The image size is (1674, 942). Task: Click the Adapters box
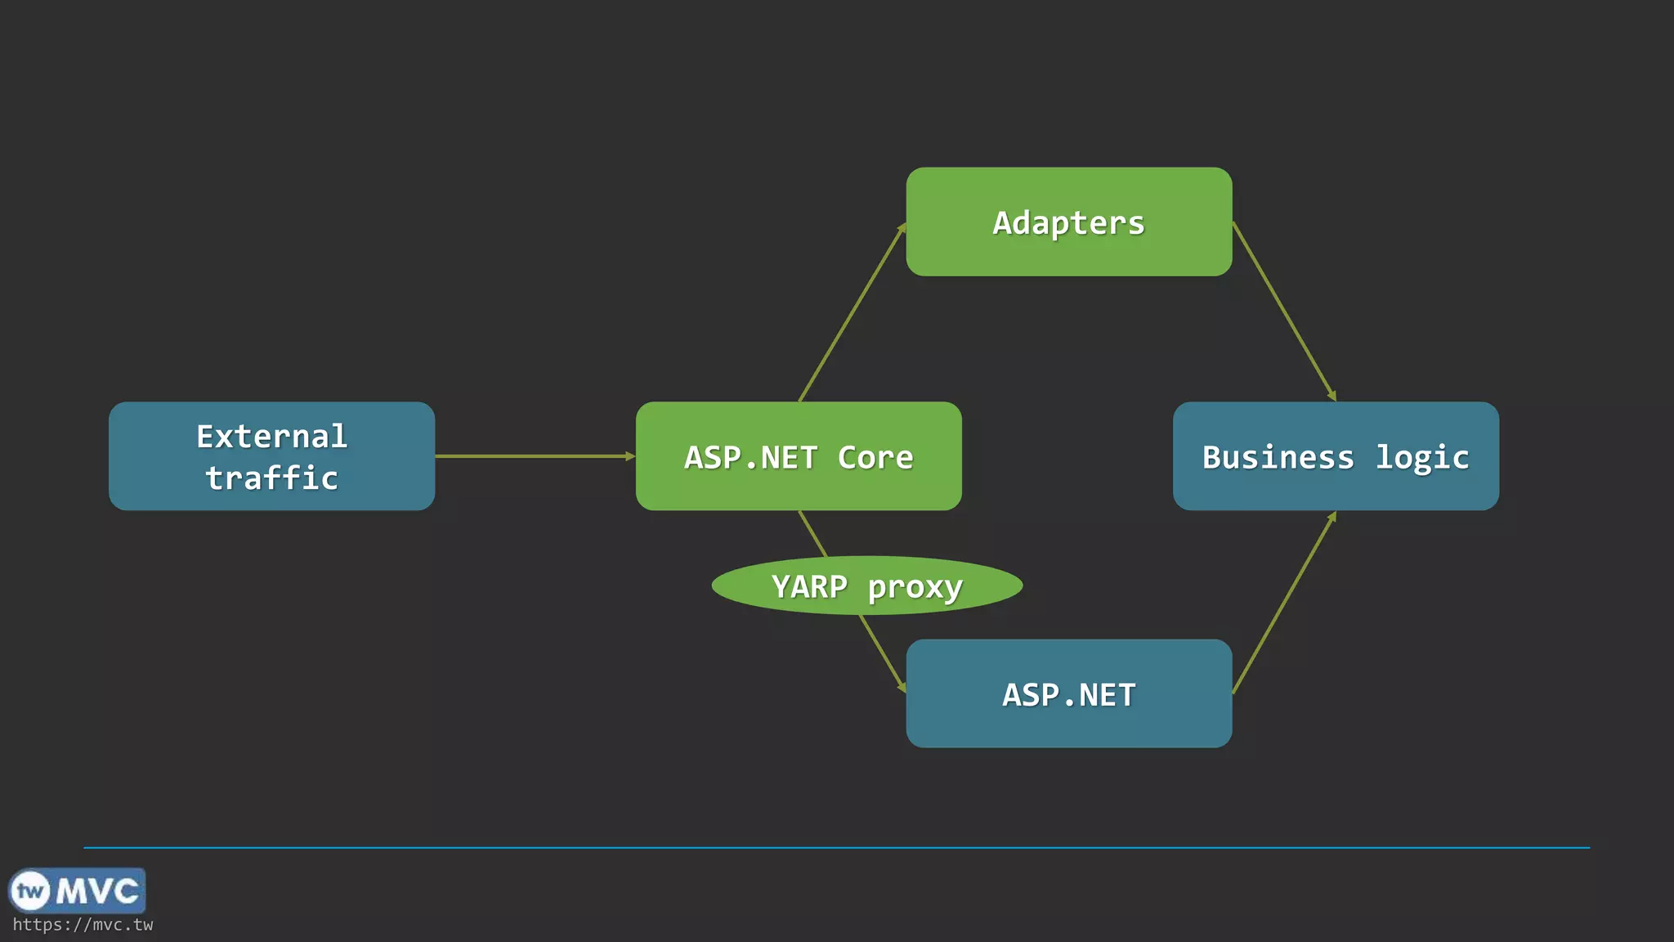tap(1068, 222)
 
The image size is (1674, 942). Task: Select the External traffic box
tap(271, 456)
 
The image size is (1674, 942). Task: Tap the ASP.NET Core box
tap(799, 456)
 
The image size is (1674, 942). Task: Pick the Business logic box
tap(1336, 456)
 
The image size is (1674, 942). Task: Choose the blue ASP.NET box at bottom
tap(1068, 693)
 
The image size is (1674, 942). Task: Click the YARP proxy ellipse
tap(866, 585)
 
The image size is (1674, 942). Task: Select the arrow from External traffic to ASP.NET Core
tap(535, 456)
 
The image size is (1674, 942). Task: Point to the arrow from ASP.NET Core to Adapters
tap(852, 312)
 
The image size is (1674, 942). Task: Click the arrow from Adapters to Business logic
tap(1284, 311)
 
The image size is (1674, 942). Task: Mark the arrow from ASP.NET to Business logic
tap(1284, 603)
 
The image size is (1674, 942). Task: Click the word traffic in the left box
tap(271, 478)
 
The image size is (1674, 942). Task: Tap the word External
tap(271, 436)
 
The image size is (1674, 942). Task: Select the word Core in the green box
tap(875, 457)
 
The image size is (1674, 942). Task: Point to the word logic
tap(1421, 457)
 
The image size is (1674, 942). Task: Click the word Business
tap(1278, 457)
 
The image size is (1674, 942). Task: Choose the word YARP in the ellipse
tap(809, 586)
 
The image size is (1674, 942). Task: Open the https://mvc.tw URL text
tap(83, 925)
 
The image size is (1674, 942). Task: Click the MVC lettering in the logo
tap(97, 890)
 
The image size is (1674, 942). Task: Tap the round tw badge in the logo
tap(30, 890)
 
